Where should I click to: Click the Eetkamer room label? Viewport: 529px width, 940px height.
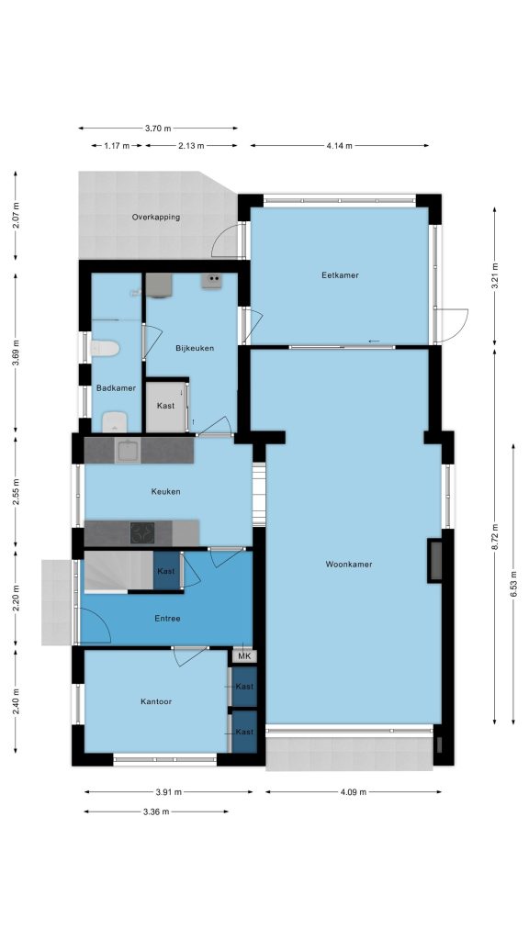(340, 275)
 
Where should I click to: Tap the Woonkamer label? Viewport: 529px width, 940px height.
(349, 565)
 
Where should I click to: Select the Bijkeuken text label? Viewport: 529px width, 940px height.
(195, 348)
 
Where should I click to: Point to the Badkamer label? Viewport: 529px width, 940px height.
(116, 388)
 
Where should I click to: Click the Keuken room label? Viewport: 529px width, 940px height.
(165, 492)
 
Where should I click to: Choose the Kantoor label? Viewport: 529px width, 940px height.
(156, 701)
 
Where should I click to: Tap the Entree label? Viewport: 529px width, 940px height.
(167, 619)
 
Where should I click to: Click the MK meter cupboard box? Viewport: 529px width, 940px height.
(244, 655)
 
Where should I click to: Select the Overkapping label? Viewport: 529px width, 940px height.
(156, 217)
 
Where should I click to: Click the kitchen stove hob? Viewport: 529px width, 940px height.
(142, 532)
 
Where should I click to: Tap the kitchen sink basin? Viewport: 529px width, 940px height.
(128, 451)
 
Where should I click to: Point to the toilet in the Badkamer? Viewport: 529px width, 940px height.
(105, 348)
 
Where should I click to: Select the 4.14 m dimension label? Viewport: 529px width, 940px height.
(340, 146)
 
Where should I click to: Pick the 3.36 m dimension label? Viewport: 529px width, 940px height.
(156, 811)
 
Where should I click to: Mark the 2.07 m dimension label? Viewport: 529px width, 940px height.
(16, 217)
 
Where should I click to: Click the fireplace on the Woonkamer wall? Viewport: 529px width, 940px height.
(434, 561)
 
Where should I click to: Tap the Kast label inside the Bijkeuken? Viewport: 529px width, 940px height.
(165, 406)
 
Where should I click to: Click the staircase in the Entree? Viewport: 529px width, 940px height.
(118, 572)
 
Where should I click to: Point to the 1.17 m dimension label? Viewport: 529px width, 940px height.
(117, 146)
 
